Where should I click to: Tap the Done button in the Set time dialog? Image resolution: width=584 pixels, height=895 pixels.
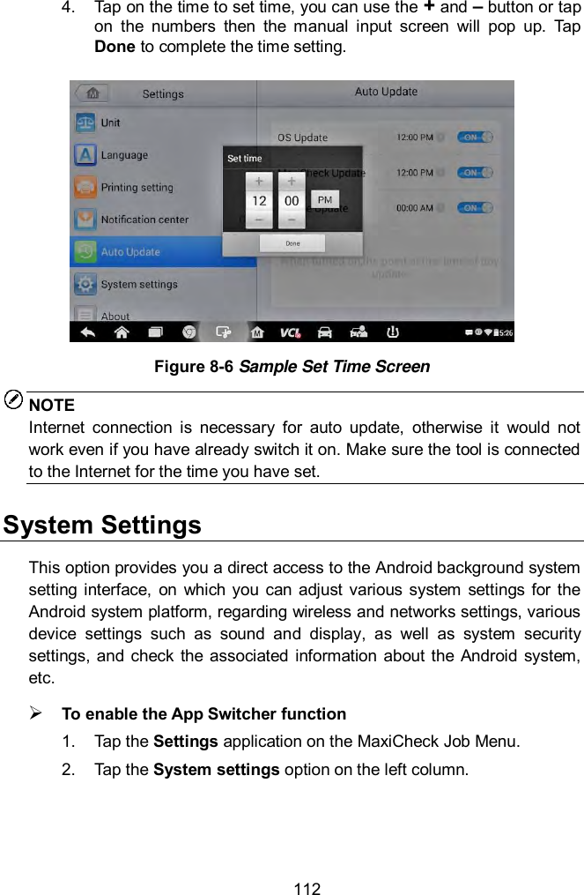point(292,242)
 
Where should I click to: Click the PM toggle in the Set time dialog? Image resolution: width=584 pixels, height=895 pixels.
point(324,200)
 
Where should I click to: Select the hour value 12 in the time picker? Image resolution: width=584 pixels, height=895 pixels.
point(259,201)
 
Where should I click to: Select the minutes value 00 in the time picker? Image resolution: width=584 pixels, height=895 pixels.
point(292,201)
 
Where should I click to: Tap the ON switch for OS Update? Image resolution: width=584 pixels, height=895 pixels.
point(477,137)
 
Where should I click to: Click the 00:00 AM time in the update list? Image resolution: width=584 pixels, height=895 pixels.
point(414,208)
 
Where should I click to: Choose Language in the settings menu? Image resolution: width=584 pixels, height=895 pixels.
point(124,155)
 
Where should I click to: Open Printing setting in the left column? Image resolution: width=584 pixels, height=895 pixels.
point(137,188)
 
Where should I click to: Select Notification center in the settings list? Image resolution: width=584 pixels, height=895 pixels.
point(144,220)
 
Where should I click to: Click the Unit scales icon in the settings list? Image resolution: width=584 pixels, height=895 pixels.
point(85,123)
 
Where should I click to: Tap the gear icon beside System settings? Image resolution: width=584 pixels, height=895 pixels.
point(85,284)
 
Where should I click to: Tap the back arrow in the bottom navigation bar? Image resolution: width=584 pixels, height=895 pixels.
point(89,332)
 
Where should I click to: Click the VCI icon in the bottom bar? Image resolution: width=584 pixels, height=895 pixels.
point(290,332)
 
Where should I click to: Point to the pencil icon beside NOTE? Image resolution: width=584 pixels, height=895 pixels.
point(14,401)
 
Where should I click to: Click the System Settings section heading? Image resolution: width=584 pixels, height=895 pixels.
point(102,526)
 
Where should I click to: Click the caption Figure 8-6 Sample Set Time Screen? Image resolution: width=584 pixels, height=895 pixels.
point(292,366)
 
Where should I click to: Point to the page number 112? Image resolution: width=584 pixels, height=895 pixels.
point(307,888)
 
